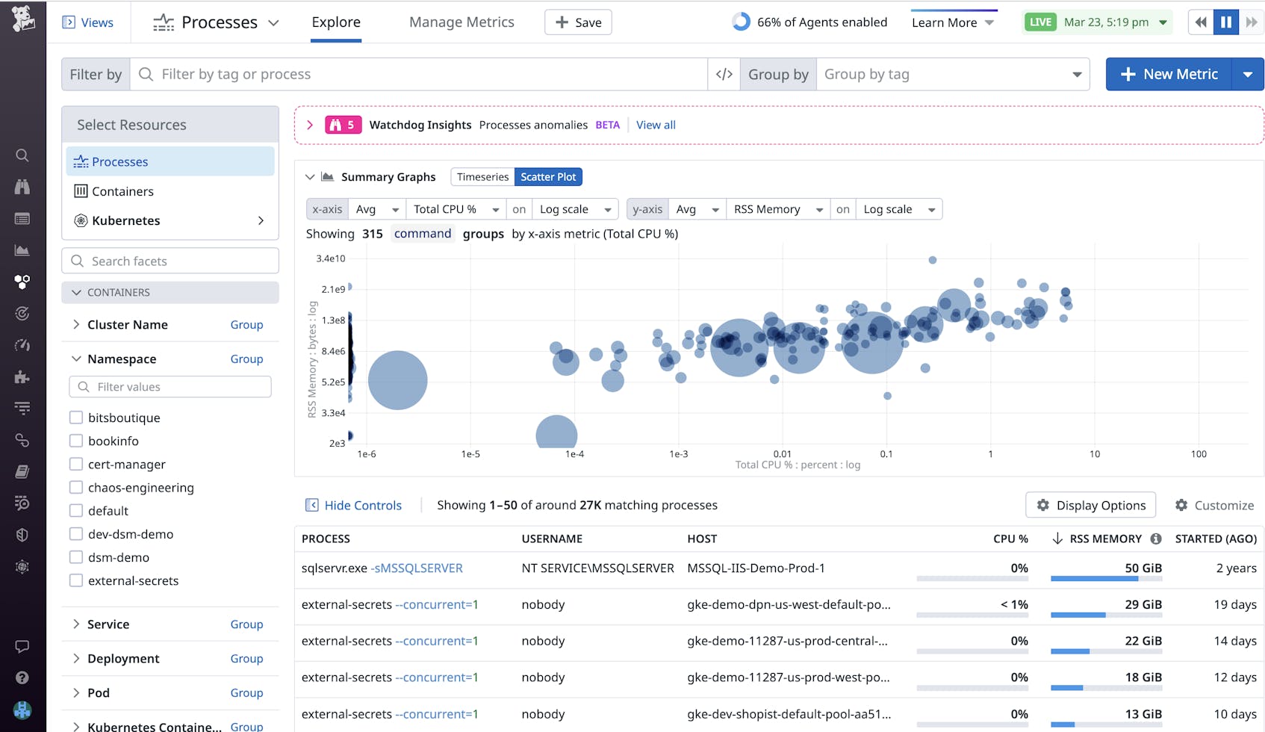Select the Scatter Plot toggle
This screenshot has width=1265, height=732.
pyautogui.click(x=548, y=177)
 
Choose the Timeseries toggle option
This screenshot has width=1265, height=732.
pyautogui.click(x=482, y=177)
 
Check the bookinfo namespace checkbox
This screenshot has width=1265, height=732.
pyautogui.click(x=76, y=441)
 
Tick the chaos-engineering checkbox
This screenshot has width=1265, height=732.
pyautogui.click(x=76, y=487)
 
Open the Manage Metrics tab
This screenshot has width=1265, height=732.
pyautogui.click(x=461, y=22)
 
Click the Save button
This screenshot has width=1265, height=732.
pyautogui.click(x=578, y=22)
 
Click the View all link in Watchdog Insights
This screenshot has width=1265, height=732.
pyautogui.click(x=656, y=125)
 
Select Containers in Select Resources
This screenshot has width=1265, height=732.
pyautogui.click(x=122, y=191)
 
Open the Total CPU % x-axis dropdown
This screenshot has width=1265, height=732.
pyautogui.click(x=456, y=209)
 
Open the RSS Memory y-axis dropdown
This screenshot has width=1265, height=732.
pyautogui.click(x=777, y=209)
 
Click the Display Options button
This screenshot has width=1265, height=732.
pyautogui.click(x=1090, y=505)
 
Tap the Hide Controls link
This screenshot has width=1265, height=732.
pyautogui.click(x=362, y=505)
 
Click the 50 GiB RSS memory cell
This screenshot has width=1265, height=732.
pyautogui.click(x=1143, y=568)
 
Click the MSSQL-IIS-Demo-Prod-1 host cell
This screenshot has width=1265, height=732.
pyautogui.click(x=756, y=568)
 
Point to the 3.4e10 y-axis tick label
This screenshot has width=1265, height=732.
pyautogui.click(x=330, y=258)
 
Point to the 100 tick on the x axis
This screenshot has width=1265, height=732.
pyautogui.click(x=1198, y=453)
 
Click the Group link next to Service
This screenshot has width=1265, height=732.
pyautogui.click(x=246, y=624)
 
